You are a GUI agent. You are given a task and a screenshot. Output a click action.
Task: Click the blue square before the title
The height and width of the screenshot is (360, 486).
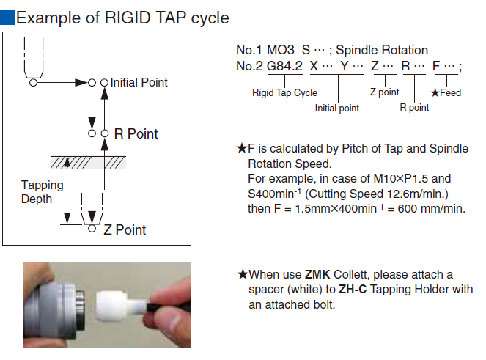[7, 17]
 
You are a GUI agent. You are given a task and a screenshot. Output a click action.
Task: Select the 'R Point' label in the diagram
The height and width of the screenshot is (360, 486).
[136, 134]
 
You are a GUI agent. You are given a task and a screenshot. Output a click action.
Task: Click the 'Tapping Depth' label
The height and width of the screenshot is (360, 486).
[36, 191]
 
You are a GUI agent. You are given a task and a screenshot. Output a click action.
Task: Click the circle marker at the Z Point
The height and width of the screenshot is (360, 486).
[92, 229]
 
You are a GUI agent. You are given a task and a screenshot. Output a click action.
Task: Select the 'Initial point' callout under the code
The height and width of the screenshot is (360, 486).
[337, 109]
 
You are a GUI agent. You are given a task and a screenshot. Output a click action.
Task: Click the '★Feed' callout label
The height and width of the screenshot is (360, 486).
[446, 93]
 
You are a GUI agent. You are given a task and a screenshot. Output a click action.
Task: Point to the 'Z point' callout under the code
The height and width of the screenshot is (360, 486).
[384, 93]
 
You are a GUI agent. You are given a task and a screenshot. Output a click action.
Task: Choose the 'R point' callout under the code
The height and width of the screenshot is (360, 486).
[414, 108]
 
